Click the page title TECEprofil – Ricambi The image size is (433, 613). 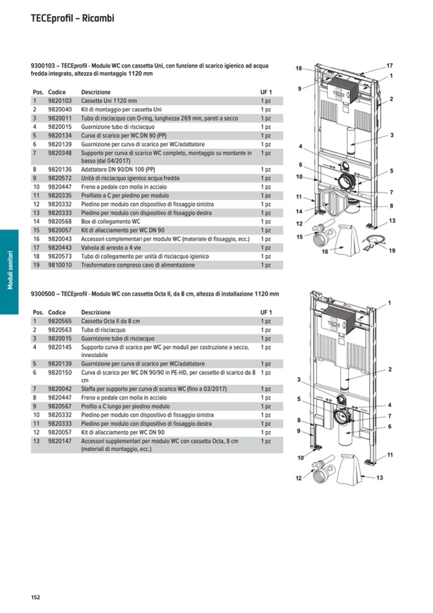(72, 19)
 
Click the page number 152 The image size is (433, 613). (36, 597)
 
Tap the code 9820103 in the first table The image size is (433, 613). (60, 101)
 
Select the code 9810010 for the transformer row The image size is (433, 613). (60, 265)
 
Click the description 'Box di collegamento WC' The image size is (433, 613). (110, 221)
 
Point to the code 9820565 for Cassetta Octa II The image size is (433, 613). (60, 321)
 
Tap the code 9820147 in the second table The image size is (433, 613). (60, 441)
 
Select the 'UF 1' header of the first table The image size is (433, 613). (266, 92)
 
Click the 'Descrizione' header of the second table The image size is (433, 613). (95, 312)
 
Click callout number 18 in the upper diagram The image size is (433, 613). (298, 68)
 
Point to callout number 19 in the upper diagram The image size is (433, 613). (391, 251)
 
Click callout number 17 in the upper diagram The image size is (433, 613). (390, 65)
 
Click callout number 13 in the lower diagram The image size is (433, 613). (379, 477)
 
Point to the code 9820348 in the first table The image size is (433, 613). (60, 153)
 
